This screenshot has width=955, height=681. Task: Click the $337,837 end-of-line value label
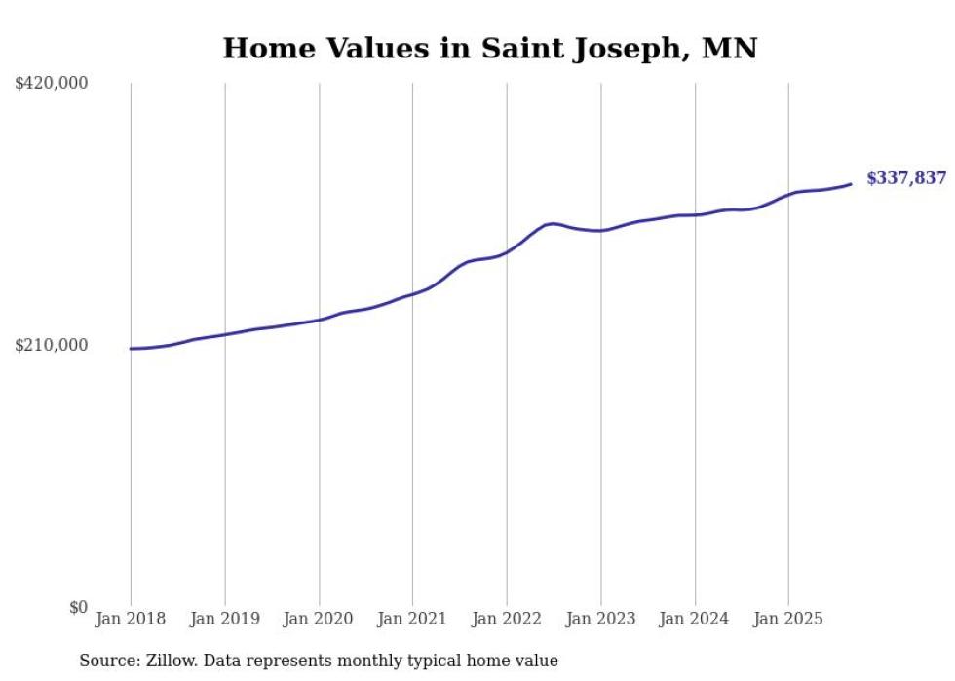[905, 178]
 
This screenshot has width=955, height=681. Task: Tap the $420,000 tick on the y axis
[52, 84]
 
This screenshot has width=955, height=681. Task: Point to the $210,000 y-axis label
[52, 345]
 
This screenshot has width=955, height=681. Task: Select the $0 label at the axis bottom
[78, 607]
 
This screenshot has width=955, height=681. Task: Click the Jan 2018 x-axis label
[131, 619]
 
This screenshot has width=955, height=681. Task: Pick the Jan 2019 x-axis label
[225, 619]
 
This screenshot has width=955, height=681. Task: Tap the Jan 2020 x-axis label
[319, 619]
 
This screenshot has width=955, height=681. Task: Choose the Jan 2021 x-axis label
[412, 619]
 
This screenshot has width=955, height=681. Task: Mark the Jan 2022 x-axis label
[507, 619]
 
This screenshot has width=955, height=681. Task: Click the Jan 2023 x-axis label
[601, 619]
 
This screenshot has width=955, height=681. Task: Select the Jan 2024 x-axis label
[695, 619]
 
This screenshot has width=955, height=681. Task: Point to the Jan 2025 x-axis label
[788, 619]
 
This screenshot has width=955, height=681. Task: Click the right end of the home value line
[851, 184]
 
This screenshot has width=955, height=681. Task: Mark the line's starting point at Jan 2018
[131, 349]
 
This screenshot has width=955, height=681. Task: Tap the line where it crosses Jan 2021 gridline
[412, 293]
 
